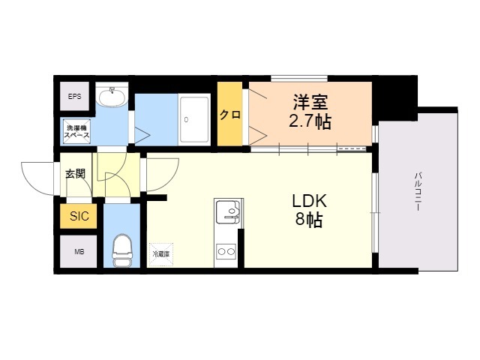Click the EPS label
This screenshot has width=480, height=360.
point(75,97)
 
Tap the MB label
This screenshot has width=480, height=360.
point(79,252)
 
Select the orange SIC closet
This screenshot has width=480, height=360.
point(79,217)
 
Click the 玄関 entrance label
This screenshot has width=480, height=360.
point(76,174)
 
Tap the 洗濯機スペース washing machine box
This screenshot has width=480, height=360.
point(77,131)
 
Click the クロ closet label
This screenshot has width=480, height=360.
point(230,115)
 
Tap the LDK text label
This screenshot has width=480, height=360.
point(308,201)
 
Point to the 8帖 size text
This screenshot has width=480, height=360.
point(308,221)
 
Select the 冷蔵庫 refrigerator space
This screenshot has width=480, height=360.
point(161,253)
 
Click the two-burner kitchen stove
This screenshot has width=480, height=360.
point(226,251)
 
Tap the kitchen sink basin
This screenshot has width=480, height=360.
point(229,214)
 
